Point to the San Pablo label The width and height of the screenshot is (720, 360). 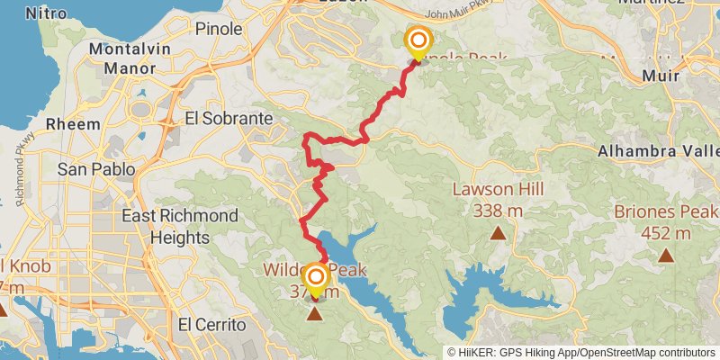(95, 168)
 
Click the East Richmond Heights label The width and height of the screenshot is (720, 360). (180, 227)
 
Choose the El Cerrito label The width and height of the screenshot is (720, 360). (211, 324)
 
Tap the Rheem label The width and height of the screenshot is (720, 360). (71, 123)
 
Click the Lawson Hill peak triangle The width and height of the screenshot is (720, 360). (498, 234)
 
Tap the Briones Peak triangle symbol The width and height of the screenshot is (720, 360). (666, 256)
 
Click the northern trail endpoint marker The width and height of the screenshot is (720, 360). (418, 41)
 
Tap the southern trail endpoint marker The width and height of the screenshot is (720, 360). (315, 278)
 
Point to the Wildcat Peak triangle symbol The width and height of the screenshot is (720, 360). (315, 314)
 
